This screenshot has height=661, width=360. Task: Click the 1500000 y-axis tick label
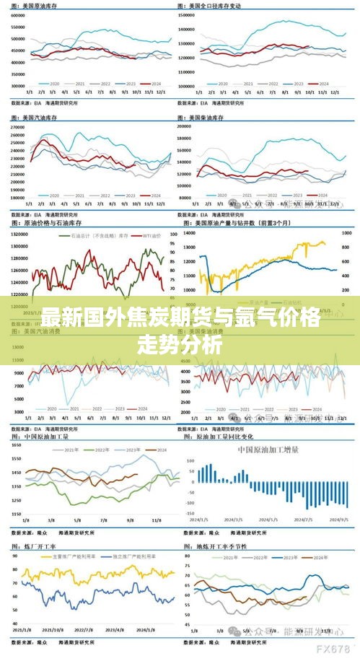coord(188,14)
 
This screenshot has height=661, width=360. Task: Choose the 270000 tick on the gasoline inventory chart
coord(18,127)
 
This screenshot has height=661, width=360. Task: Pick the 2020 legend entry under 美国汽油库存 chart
coord(52,196)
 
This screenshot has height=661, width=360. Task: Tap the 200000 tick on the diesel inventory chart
coord(185,126)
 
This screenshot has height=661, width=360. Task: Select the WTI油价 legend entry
coord(150,236)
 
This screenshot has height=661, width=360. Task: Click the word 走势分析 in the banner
coord(180,344)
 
